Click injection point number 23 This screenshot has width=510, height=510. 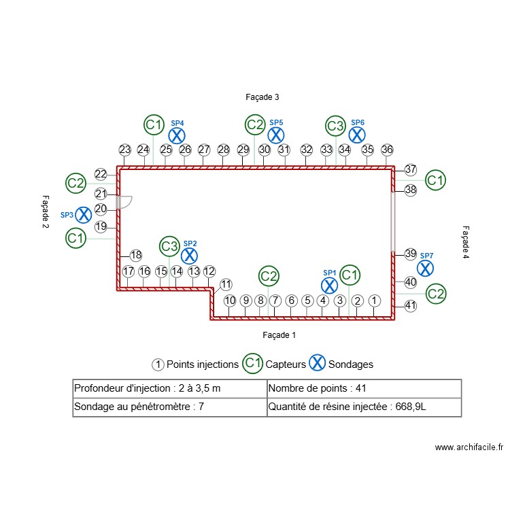click(x=124, y=150)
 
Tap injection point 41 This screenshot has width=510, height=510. click(x=410, y=305)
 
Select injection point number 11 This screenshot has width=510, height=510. click(x=226, y=284)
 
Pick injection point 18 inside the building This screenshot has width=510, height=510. click(x=136, y=256)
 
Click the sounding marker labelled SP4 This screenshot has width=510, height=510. click(x=177, y=135)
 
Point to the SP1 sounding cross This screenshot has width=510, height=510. click(x=329, y=285)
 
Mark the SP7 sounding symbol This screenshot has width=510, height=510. click(x=425, y=268)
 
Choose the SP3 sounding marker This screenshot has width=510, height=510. click(x=83, y=215)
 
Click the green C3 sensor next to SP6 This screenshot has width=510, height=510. click(x=335, y=125)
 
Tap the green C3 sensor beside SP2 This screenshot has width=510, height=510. click(x=169, y=245)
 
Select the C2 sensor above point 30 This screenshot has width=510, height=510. click(x=255, y=124)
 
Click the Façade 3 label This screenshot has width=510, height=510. click(x=262, y=97)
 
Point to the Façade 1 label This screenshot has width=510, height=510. click(x=279, y=335)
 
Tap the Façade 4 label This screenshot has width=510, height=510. click(x=466, y=243)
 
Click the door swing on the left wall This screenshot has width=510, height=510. click(x=124, y=201)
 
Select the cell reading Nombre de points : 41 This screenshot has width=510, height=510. click(x=364, y=388)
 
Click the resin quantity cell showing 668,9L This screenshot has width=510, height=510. click(x=364, y=407)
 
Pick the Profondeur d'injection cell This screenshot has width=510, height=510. click(x=170, y=388)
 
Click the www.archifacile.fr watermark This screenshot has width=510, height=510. click(x=469, y=447)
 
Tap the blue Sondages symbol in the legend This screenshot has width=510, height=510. click(x=317, y=363)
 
